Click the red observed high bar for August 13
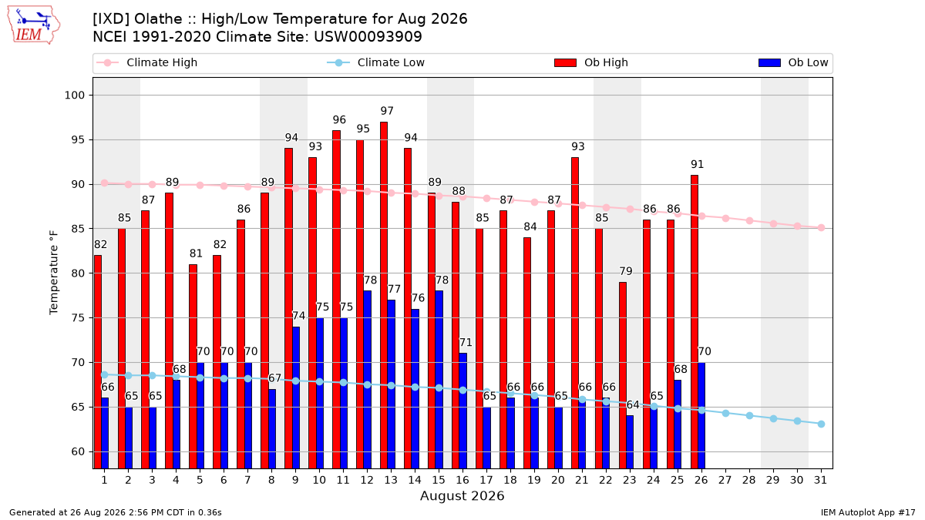pyautogui.click(x=384, y=295)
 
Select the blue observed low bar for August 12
pyautogui.click(x=367, y=380)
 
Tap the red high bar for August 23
pyautogui.click(x=623, y=375)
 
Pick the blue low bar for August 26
pyautogui.click(x=701, y=415)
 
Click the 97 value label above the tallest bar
pyautogui.click(x=387, y=111)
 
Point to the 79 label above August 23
pyautogui.click(x=626, y=271)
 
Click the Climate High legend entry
pyautogui.click(x=147, y=62)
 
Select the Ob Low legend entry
pyautogui.click(x=793, y=62)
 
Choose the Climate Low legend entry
pyautogui.click(x=376, y=62)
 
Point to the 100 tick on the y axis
pyautogui.click(x=74, y=96)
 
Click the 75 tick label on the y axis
pyautogui.click(x=78, y=317)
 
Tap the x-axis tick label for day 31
pyautogui.click(x=820, y=480)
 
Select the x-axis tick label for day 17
pyautogui.click(x=486, y=480)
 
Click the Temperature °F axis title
pyautogui.click(x=54, y=273)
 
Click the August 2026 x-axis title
pyautogui.click(x=462, y=495)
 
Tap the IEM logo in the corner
pyautogui.click(x=34, y=25)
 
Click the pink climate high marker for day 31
pyautogui.click(x=821, y=228)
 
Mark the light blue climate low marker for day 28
pyautogui.click(x=749, y=415)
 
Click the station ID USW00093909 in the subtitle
pyautogui.click(x=368, y=37)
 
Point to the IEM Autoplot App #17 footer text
pyautogui.click(x=868, y=512)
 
